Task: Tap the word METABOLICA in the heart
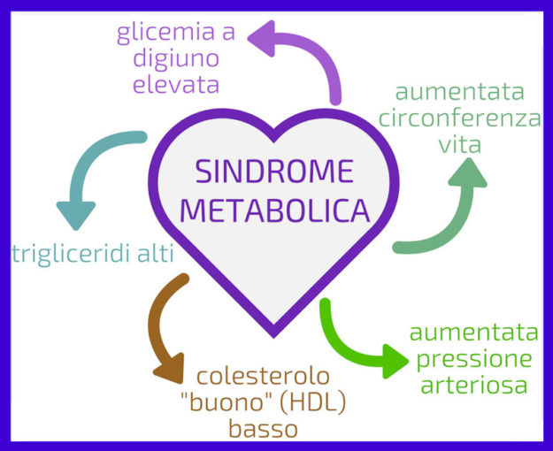point(280,211)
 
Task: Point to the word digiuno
point(176,59)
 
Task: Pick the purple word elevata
point(175,85)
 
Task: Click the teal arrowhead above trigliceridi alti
point(76,213)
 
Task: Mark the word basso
point(263,429)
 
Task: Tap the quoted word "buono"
point(218,403)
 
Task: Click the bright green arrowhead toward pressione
point(395,358)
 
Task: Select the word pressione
point(474,360)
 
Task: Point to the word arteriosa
point(474,386)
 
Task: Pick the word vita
point(459,143)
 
